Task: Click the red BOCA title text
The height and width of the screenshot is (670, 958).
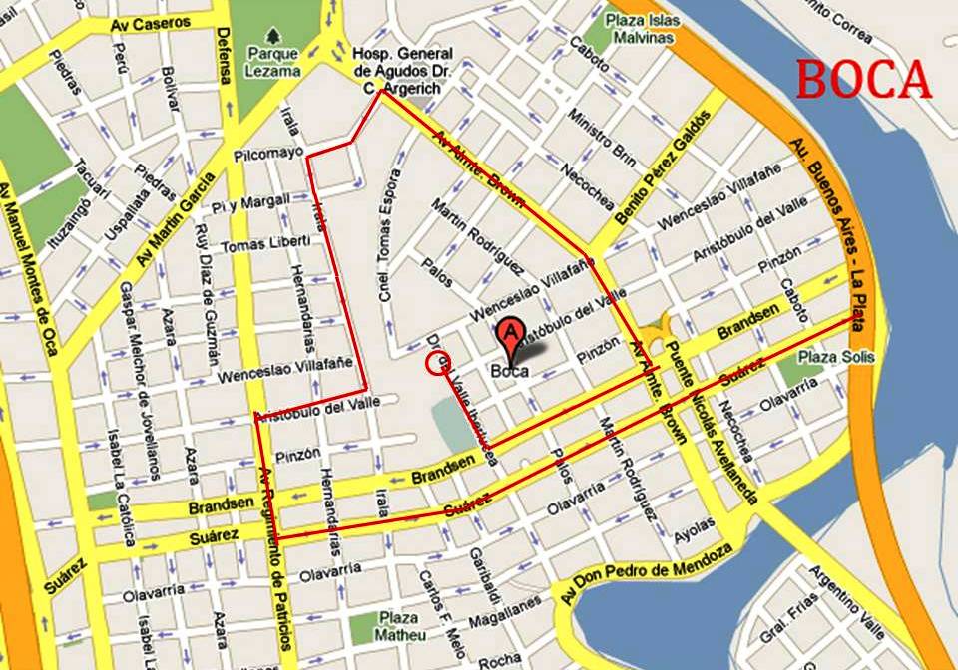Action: [x=864, y=80]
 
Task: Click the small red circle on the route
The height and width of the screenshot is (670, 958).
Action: [x=438, y=364]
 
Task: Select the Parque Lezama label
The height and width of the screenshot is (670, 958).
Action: [x=273, y=62]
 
